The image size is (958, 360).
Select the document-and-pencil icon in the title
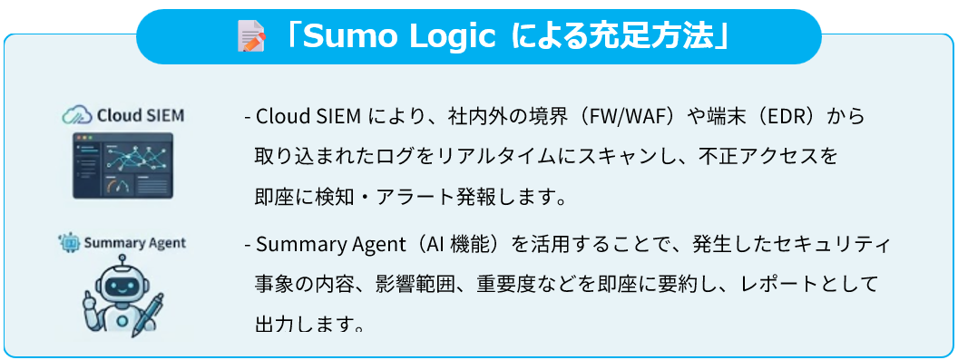[249, 37]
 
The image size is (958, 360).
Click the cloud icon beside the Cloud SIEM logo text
[75, 115]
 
